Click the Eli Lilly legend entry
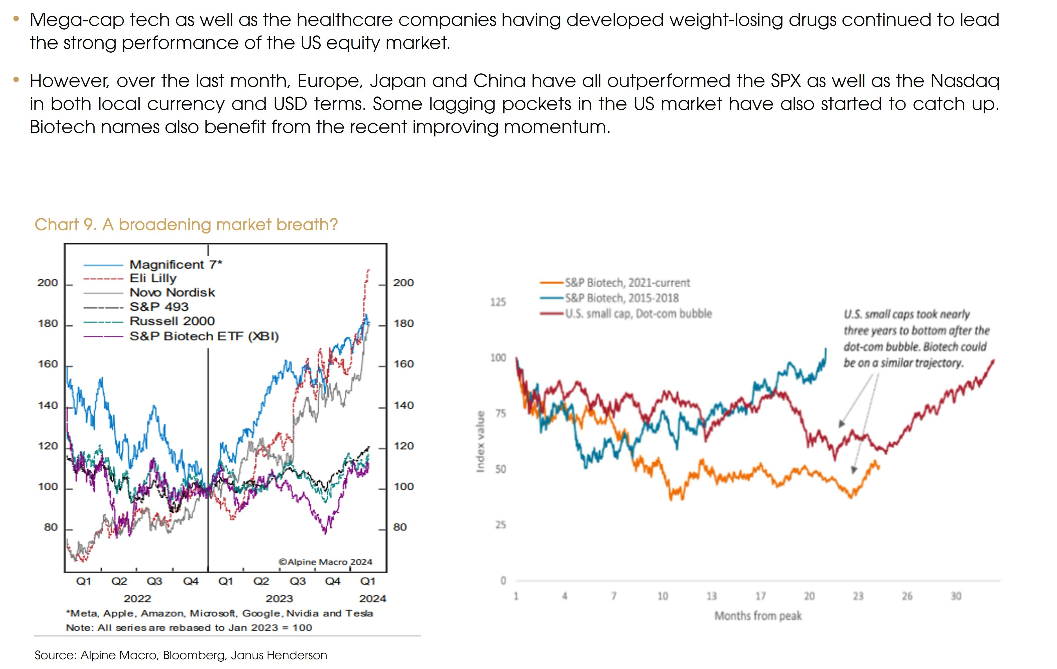coord(153,279)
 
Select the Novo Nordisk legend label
coord(172,293)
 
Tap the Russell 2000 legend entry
coord(172,321)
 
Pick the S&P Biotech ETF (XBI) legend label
coord(204,336)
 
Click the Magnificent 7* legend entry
coord(176,264)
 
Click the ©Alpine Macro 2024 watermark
coord(325,562)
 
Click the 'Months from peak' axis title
coord(758,616)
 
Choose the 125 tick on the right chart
coord(498,302)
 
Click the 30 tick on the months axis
coord(956,596)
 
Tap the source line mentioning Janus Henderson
coord(181,655)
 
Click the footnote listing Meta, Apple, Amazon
coord(220,613)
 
